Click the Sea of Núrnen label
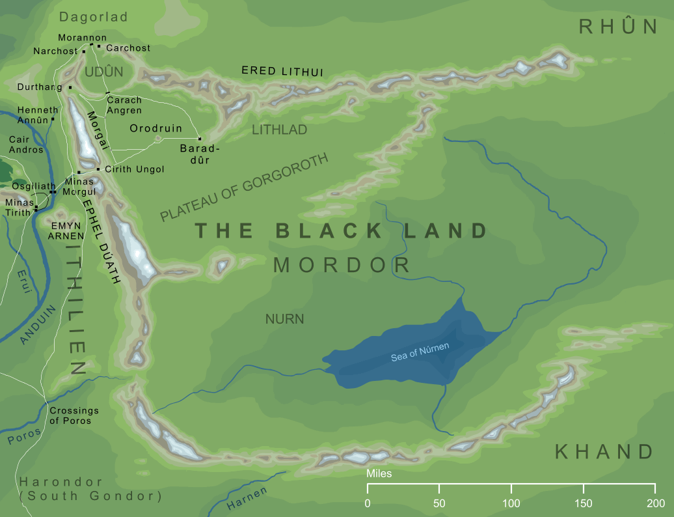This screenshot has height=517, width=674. [x=420, y=352]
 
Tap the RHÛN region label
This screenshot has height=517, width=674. [x=619, y=26]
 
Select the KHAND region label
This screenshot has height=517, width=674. [x=604, y=451]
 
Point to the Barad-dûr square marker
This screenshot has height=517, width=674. [x=200, y=139]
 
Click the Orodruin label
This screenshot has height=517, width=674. [x=156, y=128]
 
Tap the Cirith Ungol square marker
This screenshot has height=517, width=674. [x=98, y=169]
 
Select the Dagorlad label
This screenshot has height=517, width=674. [x=94, y=17]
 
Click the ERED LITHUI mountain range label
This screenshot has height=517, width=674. [x=282, y=71]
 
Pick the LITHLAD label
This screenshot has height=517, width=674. [x=279, y=130]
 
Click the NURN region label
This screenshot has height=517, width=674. [x=284, y=319]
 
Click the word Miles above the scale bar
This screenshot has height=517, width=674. [x=379, y=473]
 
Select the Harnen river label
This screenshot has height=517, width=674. [x=247, y=499]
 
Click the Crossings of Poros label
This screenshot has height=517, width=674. [x=74, y=415]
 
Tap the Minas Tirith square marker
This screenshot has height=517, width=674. [x=36, y=208]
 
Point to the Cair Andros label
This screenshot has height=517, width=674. [x=26, y=145]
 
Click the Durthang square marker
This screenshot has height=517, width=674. [x=70, y=87]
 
